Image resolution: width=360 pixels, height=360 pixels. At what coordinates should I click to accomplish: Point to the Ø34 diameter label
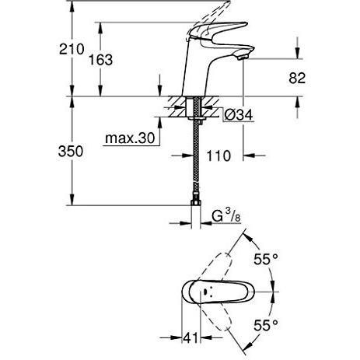coord(239,116)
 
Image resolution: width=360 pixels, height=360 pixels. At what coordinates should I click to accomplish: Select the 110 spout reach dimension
coord(221,156)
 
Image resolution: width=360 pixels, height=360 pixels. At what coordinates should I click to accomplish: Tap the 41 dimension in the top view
coord(190,339)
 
